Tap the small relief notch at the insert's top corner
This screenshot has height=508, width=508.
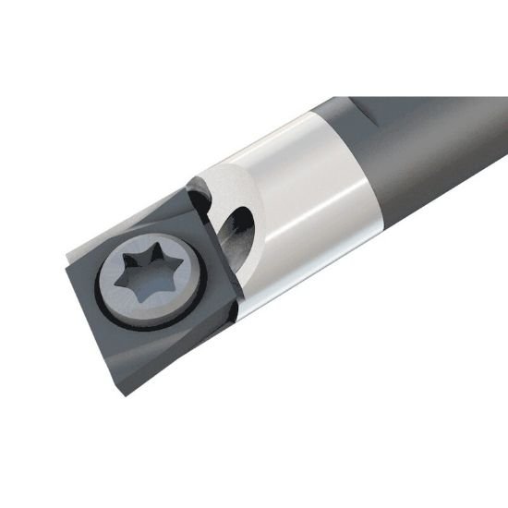[193, 191]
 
